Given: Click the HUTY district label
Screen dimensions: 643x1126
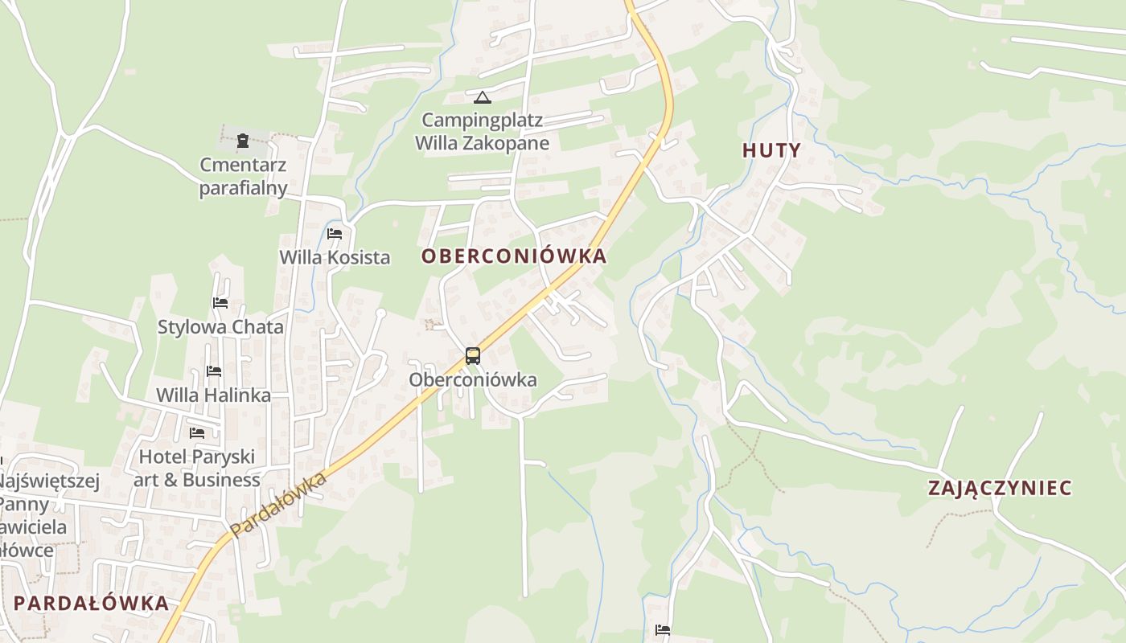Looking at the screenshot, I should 771,150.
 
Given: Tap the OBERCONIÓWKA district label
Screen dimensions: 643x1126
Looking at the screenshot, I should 514,256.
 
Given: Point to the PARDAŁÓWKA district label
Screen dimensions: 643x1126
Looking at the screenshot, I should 92,604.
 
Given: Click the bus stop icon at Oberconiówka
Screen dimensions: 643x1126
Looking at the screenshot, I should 473,356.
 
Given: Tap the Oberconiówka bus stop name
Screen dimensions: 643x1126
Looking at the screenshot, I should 473,379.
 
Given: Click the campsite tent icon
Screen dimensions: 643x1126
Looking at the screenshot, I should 482,98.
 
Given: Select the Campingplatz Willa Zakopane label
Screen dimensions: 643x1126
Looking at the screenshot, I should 483,132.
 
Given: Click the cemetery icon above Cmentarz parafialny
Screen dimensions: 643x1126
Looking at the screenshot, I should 243,141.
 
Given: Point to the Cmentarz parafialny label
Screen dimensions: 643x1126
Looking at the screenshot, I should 243,177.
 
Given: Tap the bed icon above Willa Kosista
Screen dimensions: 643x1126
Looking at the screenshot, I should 335,234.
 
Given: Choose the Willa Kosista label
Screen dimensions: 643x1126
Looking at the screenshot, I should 335,257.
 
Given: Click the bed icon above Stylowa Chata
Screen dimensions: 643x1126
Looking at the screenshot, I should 220,303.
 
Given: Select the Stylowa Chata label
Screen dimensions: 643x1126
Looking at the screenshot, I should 220,327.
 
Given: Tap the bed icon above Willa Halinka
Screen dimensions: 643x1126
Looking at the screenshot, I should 214,371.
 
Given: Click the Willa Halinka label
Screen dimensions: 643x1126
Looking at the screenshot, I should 213,395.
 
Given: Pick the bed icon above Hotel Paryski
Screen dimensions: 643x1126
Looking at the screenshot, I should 197,433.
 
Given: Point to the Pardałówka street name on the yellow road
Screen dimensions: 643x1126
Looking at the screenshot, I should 278,505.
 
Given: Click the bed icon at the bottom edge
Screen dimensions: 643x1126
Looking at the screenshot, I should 663,630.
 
